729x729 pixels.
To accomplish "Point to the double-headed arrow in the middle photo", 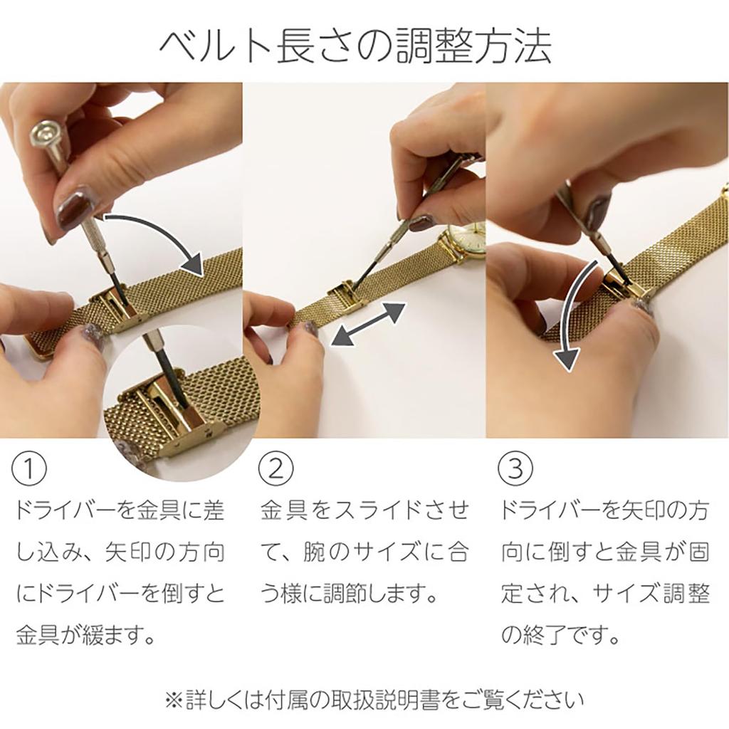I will point(369,324).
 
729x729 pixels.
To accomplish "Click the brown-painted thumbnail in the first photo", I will point(75,207).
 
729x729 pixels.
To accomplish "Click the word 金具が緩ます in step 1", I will point(85,634).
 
